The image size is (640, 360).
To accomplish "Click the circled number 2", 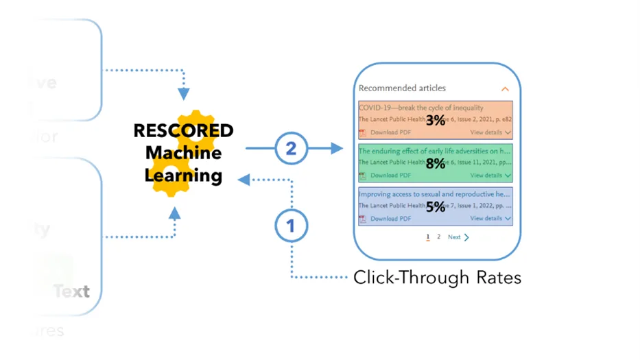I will coord(291,148).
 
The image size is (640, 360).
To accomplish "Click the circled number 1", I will coord(291,225).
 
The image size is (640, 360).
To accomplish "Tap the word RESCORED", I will coord(183,130).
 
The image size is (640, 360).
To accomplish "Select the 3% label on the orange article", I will coord(436,121).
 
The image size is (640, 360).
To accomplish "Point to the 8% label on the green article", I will coord(436,164).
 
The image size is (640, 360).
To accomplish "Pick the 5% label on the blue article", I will coord(436,207).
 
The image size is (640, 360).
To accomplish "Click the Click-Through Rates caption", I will coord(437,278).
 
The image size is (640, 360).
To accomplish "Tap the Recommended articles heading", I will coord(402,88).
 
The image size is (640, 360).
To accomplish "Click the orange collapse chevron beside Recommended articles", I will coord(506,89).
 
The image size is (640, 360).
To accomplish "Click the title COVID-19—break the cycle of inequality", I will coord(420,108).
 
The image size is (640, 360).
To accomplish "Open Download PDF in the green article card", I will coord(390,176).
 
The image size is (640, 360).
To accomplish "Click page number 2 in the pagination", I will coord(439,237).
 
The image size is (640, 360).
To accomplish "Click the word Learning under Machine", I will coord(183,176).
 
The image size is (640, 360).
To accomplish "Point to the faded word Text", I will coord(71,291).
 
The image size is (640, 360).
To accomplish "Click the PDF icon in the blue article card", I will coord(362,219).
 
